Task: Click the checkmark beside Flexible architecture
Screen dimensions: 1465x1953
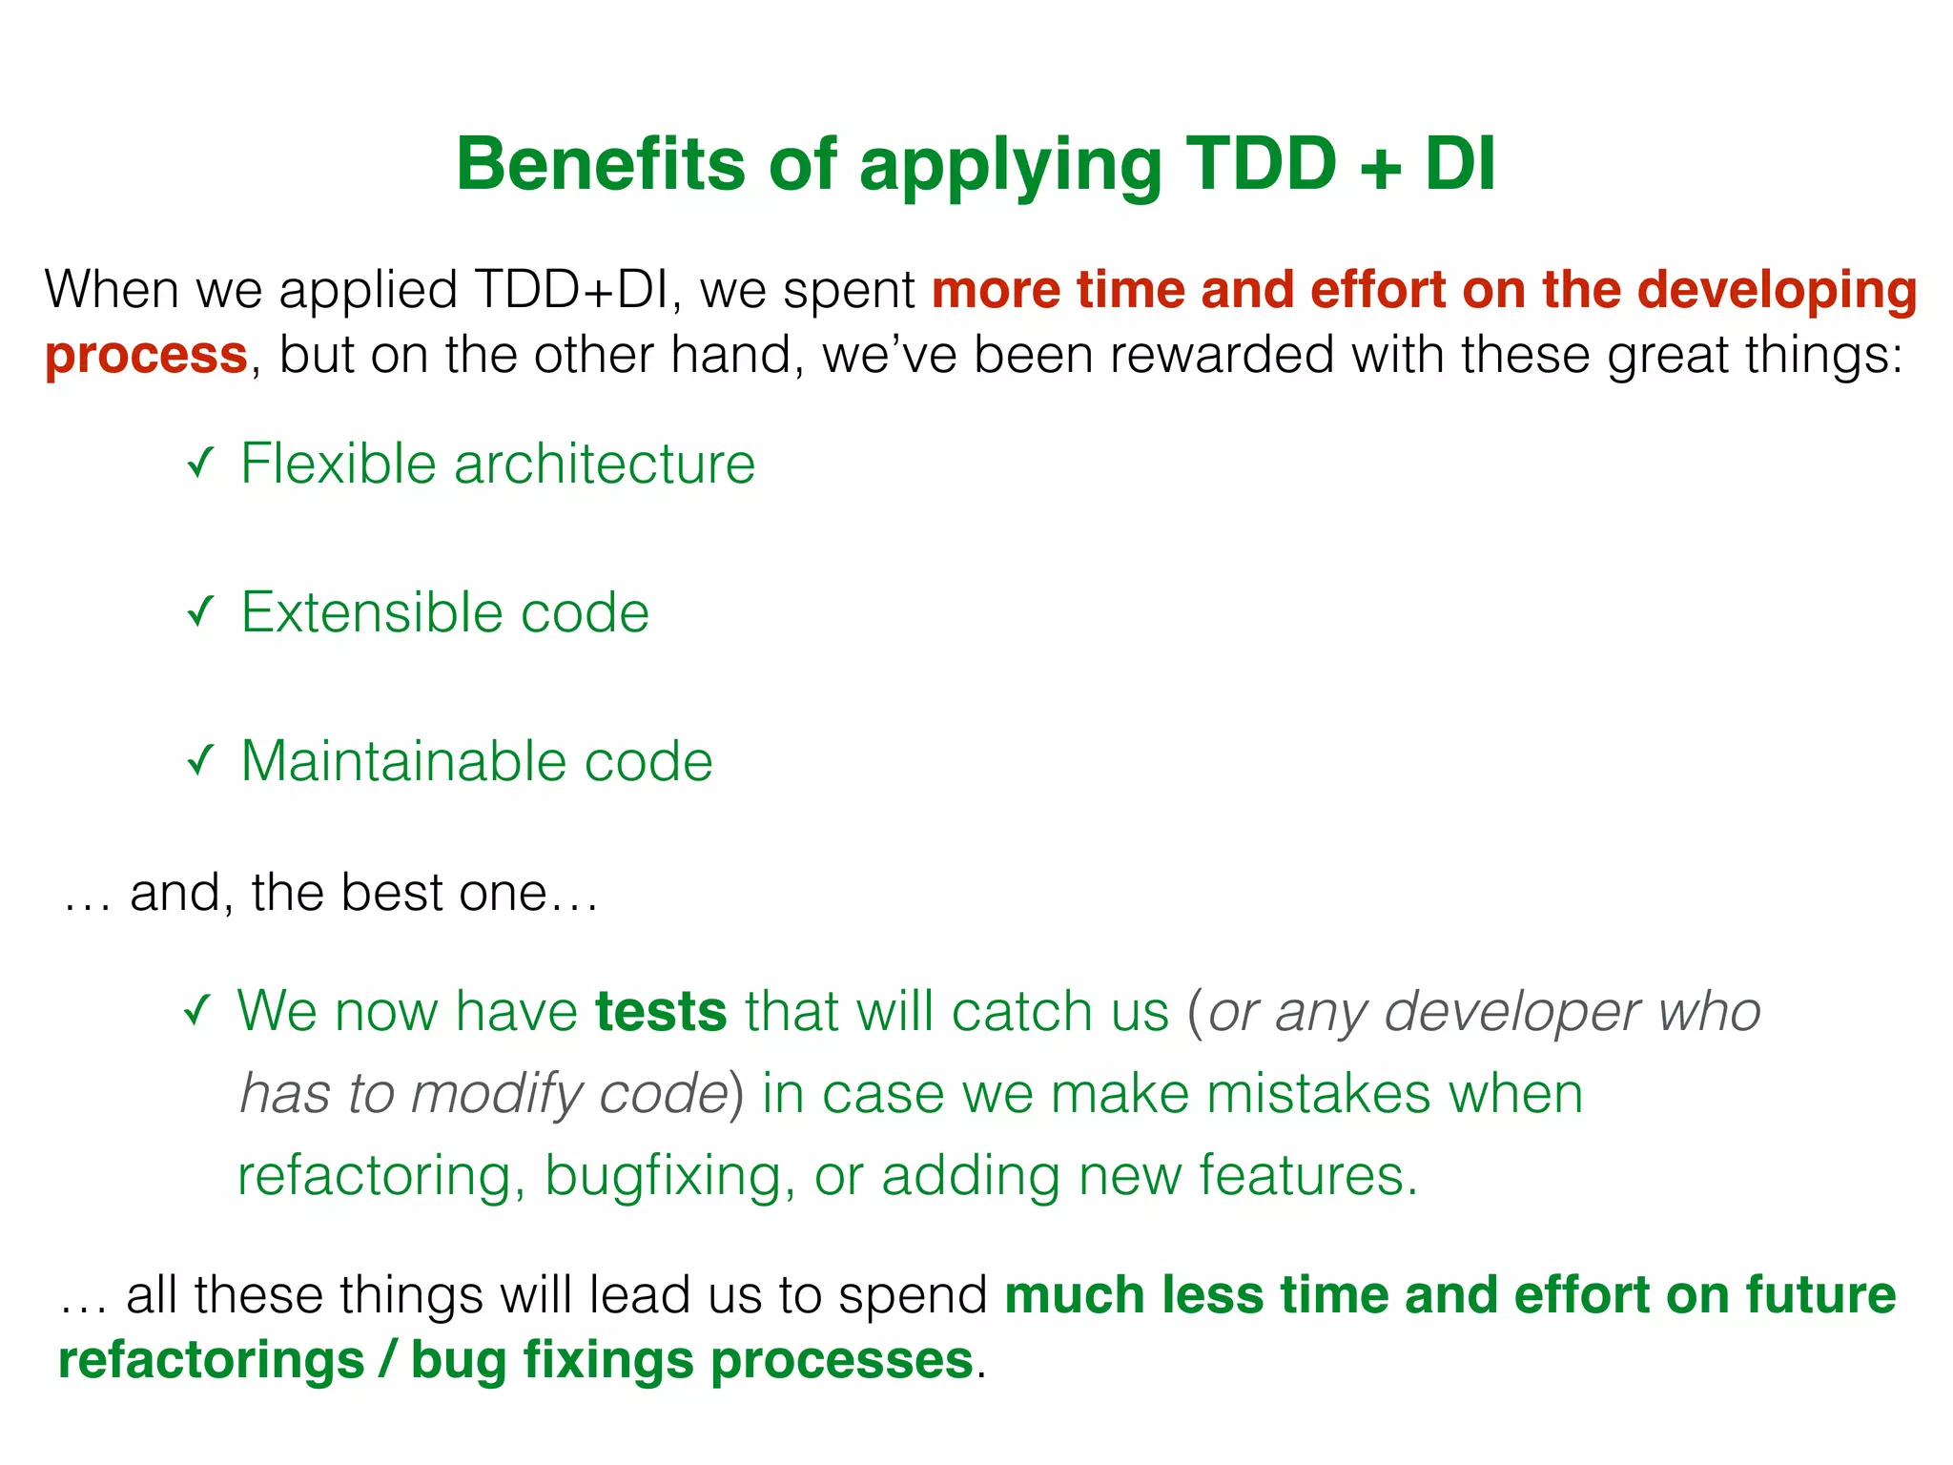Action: tap(199, 464)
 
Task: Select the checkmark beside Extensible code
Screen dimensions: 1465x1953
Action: tap(199, 611)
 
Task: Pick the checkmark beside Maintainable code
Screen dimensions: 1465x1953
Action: tap(199, 760)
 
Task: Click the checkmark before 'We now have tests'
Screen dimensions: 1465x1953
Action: tap(196, 1010)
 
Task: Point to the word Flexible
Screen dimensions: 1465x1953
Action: tap(338, 464)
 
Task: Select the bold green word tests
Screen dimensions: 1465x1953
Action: tap(661, 1011)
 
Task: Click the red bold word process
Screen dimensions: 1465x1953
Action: tap(146, 356)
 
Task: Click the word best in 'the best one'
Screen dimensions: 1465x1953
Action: tap(390, 893)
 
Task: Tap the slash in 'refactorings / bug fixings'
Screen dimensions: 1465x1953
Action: tap(387, 1359)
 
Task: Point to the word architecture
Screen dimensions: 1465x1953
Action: tap(604, 464)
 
